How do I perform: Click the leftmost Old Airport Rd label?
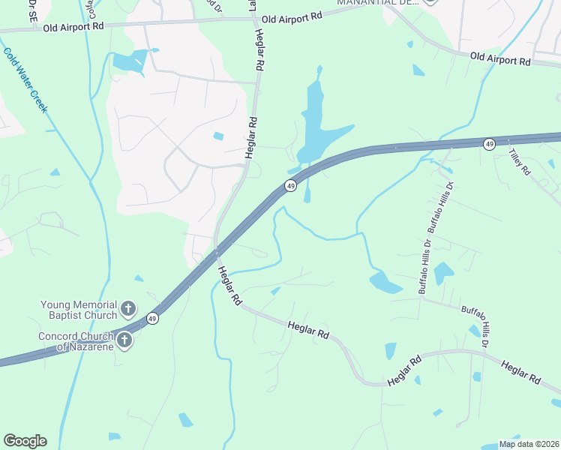[73, 26]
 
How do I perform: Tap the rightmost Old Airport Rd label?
[500, 58]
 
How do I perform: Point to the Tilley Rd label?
[519, 162]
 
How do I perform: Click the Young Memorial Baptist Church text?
[79, 310]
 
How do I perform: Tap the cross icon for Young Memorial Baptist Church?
[128, 308]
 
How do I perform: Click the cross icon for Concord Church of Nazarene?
[124, 340]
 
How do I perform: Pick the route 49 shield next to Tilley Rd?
[489, 143]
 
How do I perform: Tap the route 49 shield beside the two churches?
[152, 319]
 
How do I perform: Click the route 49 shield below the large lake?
[289, 185]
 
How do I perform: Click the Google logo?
[25, 441]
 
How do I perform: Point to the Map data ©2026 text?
[529, 444]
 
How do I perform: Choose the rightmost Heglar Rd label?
[521, 373]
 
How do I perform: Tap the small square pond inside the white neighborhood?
[218, 136]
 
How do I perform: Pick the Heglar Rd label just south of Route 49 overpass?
[229, 286]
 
